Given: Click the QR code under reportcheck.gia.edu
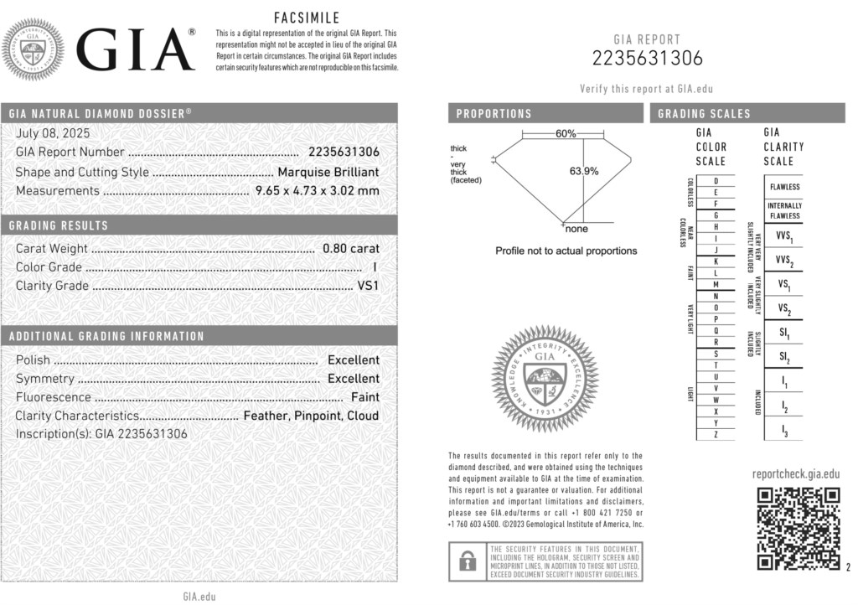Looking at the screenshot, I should tap(799, 529).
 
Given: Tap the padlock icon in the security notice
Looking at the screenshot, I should tap(463, 561).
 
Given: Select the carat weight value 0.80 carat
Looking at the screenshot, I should tap(351, 248).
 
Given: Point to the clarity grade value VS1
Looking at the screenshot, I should tap(368, 285).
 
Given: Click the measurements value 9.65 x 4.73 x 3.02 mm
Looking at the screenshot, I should tap(317, 190).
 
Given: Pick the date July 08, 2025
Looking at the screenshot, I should tap(53, 133).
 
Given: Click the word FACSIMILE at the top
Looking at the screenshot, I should tap(307, 18).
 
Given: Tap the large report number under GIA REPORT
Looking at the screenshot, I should tap(648, 58).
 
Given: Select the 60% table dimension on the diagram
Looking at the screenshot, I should tap(566, 133).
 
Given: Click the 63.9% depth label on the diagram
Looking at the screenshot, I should tap(584, 171).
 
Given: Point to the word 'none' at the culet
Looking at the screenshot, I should tap(576, 229).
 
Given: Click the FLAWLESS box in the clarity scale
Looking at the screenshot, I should tap(784, 187).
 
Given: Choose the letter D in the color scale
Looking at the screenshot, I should tap(716, 181).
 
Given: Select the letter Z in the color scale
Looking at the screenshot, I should tap(716, 434).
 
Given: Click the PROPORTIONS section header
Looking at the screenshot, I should tap(494, 114).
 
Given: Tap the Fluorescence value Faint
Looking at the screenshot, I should tap(364, 397).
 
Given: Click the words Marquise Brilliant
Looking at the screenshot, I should tap(328, 172).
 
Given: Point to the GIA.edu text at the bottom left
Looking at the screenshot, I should tap(199, 596).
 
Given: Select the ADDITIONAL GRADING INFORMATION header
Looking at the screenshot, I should tap(106, 336).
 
